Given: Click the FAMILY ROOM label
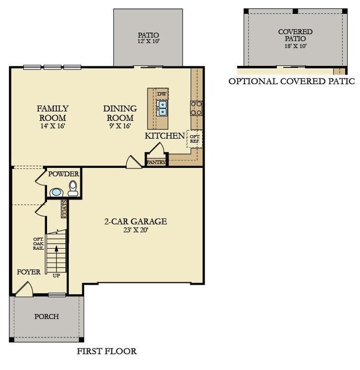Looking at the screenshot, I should tap(53, 113).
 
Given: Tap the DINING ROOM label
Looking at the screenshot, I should tap(119, 113).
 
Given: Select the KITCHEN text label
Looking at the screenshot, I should tap(164, 136).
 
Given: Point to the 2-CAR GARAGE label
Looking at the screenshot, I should tap(135, 222).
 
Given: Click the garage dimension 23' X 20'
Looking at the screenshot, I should tap(135, 230).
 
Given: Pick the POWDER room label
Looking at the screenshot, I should tap(64, 174).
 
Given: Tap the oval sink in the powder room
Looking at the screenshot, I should tap(56, 192).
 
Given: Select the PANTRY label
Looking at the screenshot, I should tap(156, 162).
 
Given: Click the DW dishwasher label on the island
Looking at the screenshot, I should tap(161, 94).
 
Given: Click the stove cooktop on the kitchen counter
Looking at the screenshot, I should tap(196, 107).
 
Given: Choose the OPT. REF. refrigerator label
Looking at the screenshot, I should tap(195, 138).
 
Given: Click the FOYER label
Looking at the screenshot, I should tap(28, 273).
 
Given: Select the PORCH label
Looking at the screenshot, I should tap(47, 316).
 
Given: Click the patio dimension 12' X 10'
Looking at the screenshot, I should tap(148, 40).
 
